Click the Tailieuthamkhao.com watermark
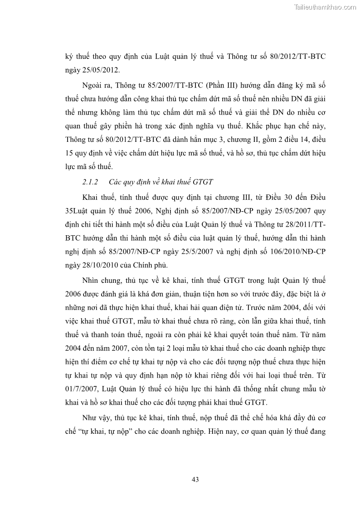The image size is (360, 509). point(326,7)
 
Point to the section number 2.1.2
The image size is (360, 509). point(90,182)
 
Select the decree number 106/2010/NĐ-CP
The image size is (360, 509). point(295,252)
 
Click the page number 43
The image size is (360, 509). point(195,479)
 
